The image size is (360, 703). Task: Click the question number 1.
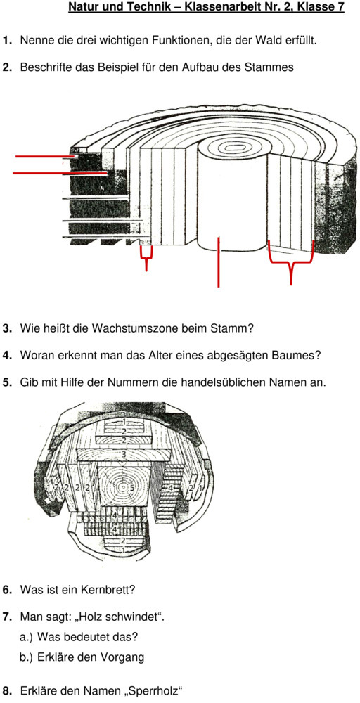(7, 41)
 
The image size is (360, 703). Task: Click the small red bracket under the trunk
(146, 257)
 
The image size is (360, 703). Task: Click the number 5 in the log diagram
(132, 486)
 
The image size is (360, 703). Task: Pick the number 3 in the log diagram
(124, 455)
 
